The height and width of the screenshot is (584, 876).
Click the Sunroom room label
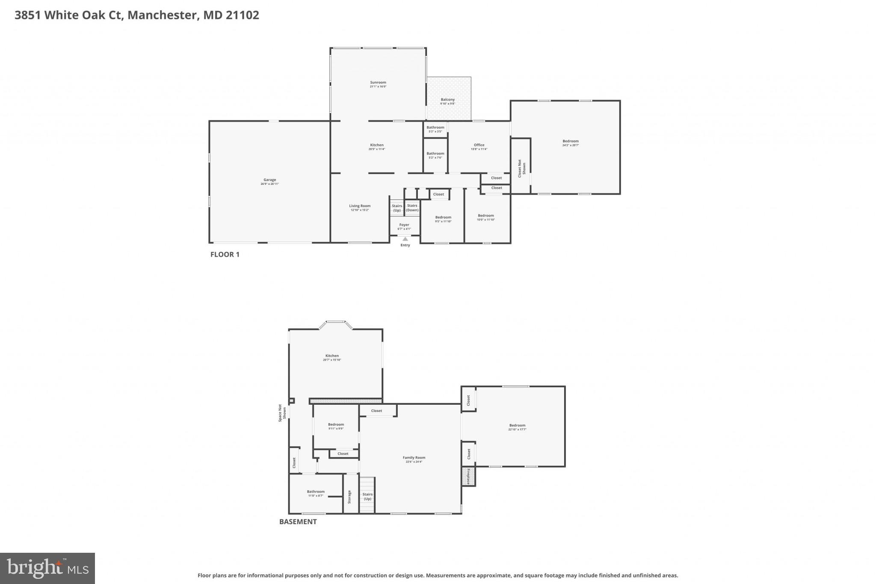tap(378, 84)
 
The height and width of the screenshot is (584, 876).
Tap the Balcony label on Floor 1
tap(447, 101)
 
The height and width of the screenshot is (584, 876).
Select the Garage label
tap(269, 182)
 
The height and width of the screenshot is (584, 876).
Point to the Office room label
tap(479, 147)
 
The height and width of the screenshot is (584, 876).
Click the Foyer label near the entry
tap(404, 226)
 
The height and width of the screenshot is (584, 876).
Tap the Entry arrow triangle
tap(405, 239)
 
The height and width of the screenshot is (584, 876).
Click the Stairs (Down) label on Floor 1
tap(412, 208)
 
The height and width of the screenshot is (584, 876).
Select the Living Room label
tap(360, 208)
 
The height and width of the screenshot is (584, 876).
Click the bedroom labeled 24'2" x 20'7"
tap(570, 143)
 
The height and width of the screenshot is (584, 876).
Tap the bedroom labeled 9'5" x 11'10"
tap(443, 219)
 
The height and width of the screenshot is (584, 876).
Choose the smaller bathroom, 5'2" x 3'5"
tap(435, 129)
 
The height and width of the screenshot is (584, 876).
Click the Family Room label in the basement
tap(414, 459)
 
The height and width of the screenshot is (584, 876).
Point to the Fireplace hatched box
tap(468, 476)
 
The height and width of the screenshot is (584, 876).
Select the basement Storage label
tap(349, 497)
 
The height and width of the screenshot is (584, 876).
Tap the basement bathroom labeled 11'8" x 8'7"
tap(316, 493)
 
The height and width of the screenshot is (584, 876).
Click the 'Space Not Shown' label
tap(282, 413)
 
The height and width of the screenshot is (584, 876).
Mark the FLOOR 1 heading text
tap(225, 255)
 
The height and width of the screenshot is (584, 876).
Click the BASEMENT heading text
tap(298, 522)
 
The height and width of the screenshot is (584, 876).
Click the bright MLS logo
tap(47, 568)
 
